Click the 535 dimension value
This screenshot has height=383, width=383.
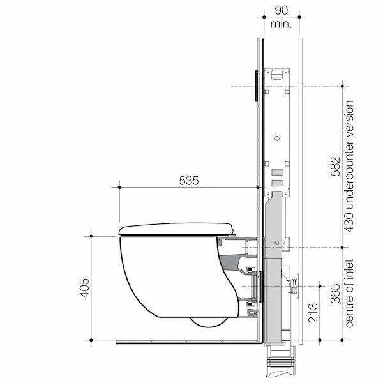pyautogui.click(x=188, y=181)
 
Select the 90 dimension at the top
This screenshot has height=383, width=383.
pyautogui.click(x=280, y=11)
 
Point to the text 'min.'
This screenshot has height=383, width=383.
pyautogui.click(x=280, y=24)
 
